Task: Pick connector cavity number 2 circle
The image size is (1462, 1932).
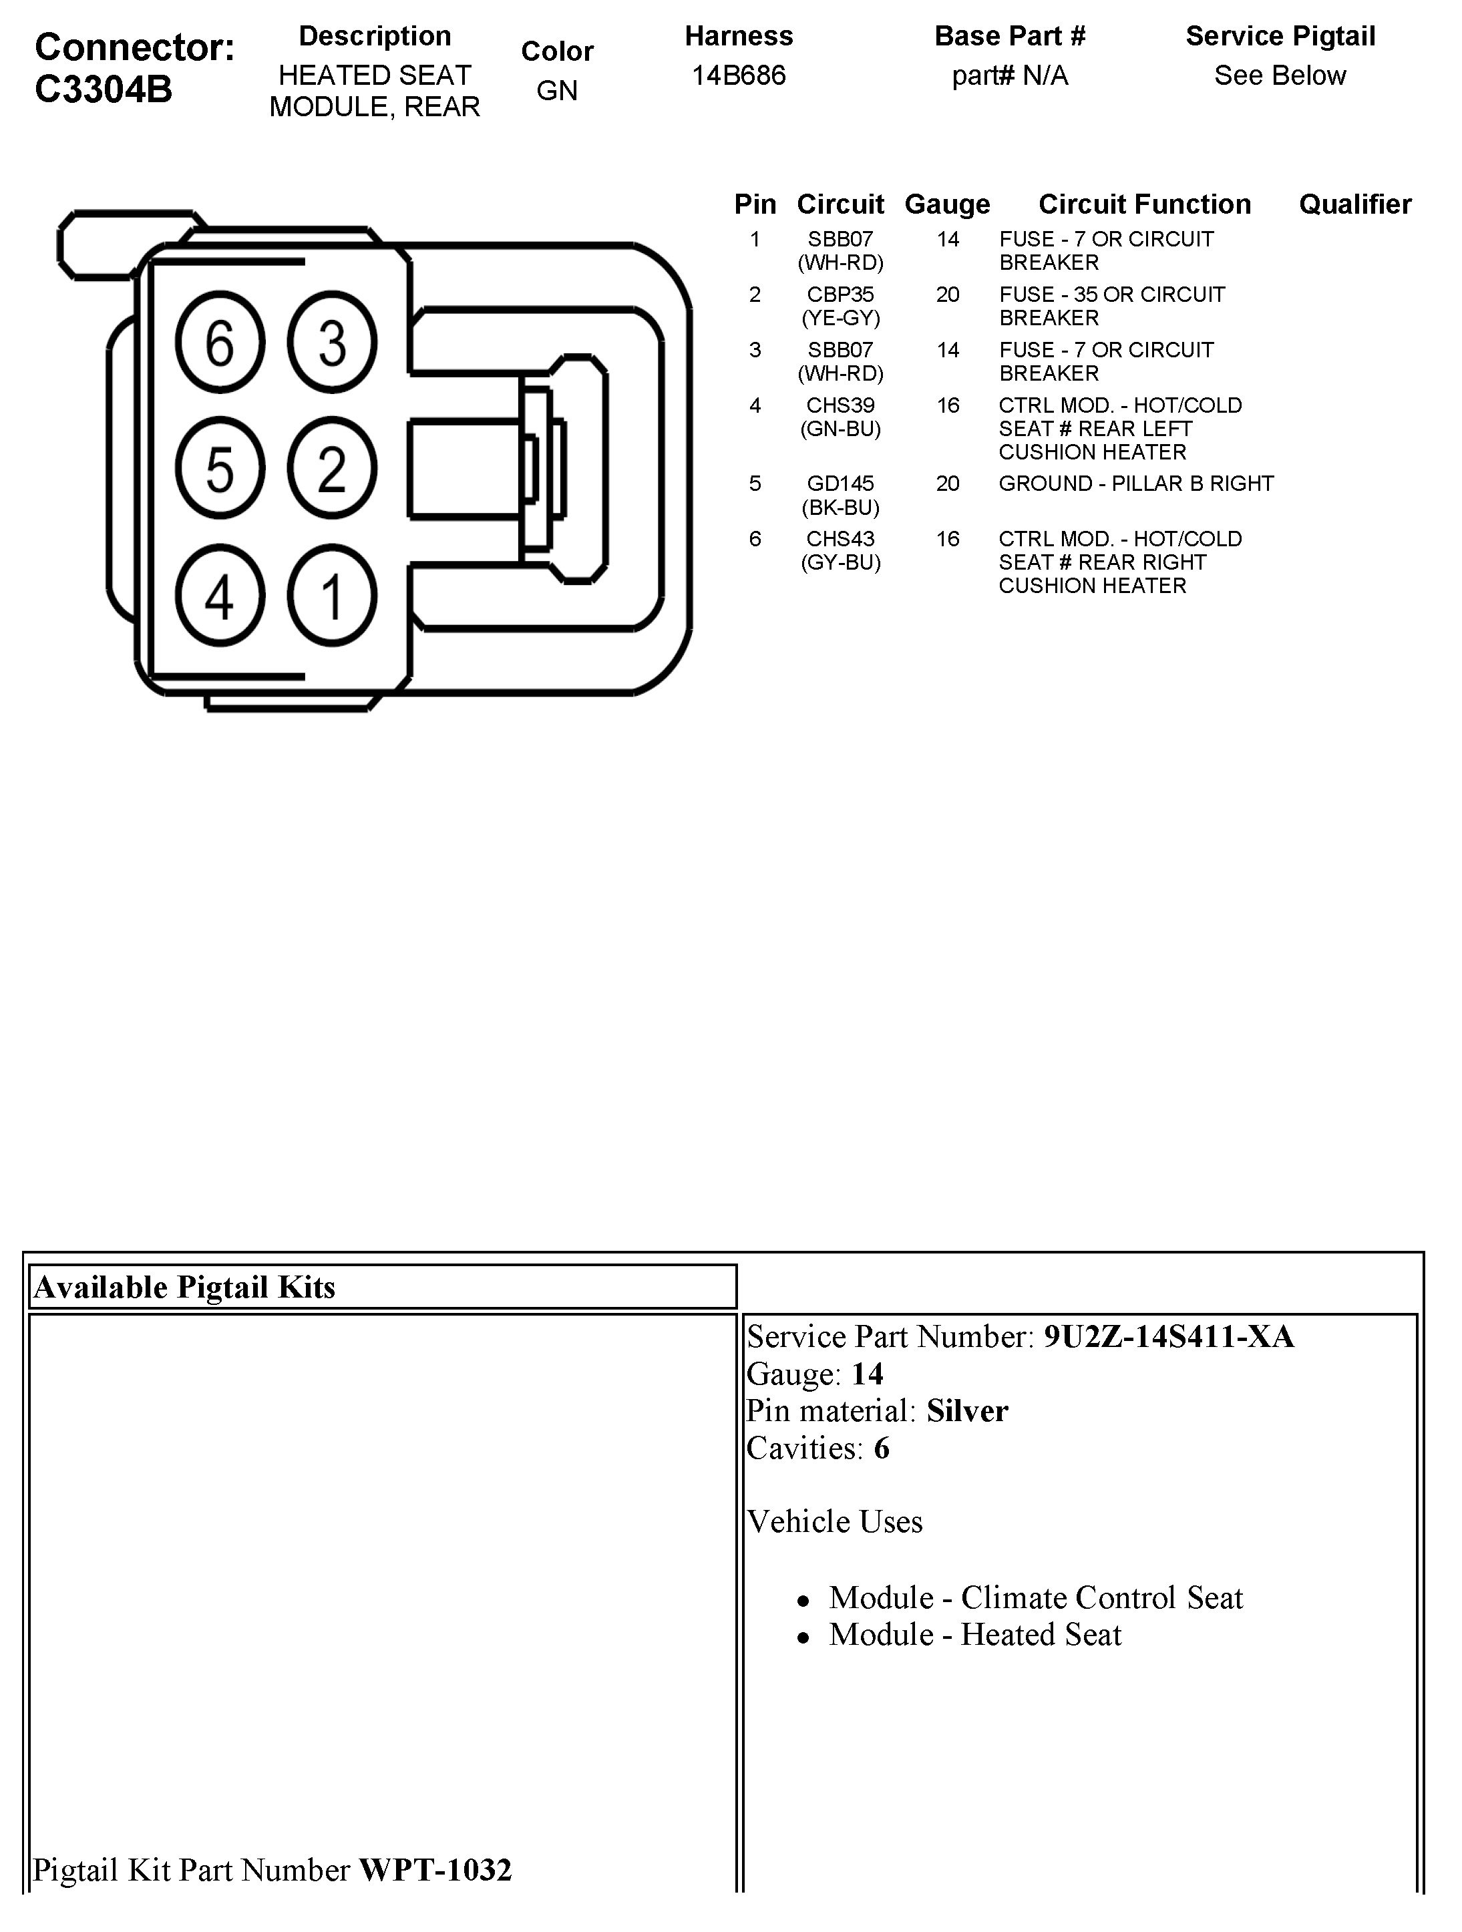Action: coord(332,469)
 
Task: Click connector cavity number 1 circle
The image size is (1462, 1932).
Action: coord(332,596)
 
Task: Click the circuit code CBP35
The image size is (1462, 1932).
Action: coord(840,295)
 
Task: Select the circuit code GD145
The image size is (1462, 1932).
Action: coord(840,484)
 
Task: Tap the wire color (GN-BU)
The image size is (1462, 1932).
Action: coord(840,429)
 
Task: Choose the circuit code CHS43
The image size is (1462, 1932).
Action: coord(840,539)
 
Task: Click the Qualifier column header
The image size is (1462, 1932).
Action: coord(1354,204)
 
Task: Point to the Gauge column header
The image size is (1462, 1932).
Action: coord(948,204)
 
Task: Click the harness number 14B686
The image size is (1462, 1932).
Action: coord(739,76)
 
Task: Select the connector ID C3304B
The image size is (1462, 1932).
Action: coord(104,89)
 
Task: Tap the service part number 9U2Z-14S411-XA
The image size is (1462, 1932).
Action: coord(1169,1337)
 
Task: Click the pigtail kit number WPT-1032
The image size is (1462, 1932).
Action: coord(435,1870)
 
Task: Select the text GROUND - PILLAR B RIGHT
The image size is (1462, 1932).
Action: coord(1136,484)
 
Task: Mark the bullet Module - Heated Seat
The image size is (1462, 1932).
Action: coord(974,1635)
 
